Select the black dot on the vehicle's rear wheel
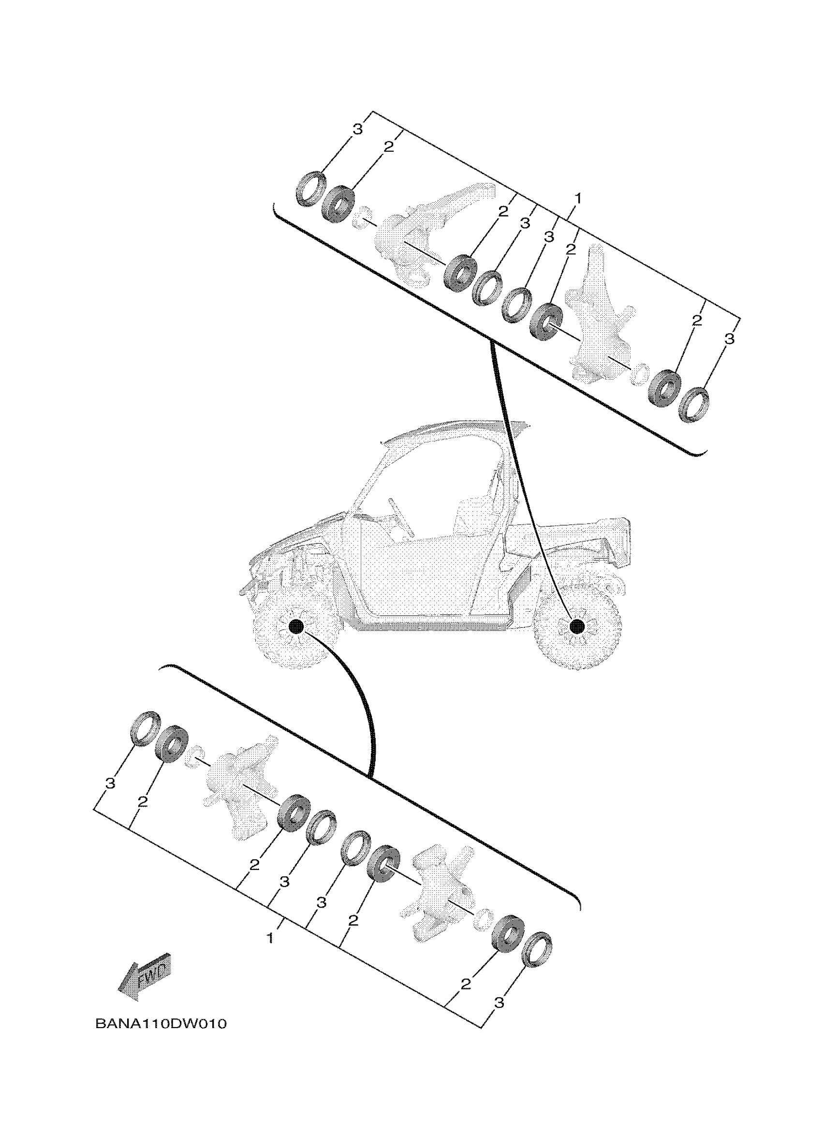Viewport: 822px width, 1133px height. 577,626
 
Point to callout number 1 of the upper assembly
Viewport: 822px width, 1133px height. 577,199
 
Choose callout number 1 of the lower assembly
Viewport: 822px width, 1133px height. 270,938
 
